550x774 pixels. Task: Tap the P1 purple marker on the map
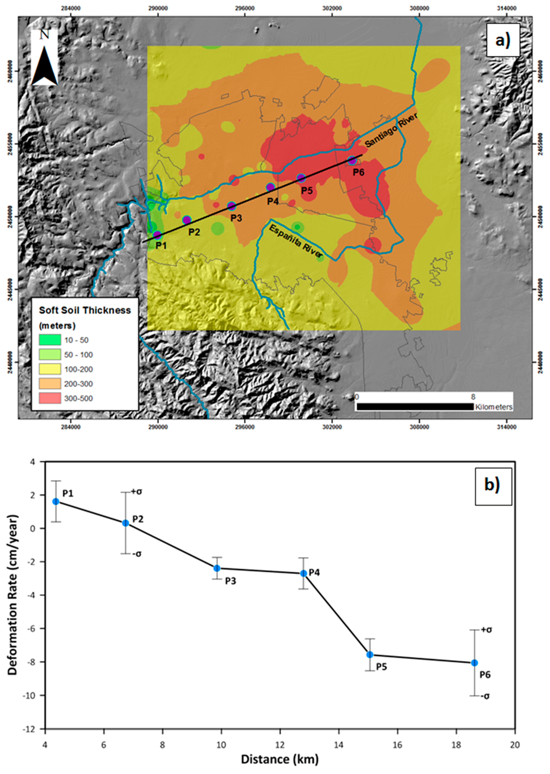click(157, 235)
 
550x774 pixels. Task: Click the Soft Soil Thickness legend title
click(85, 310)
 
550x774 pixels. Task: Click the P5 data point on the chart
click(370, 655)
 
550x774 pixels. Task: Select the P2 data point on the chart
click(125, 523)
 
